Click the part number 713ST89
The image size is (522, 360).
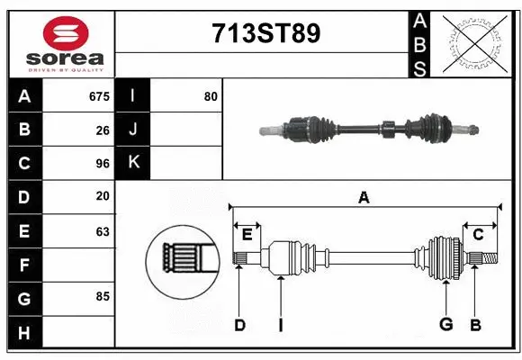click(x=265, y=34)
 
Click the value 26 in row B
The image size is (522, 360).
click(x=103, y=130)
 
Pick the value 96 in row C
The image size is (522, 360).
click(x=103, y=164)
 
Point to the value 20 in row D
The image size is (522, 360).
click(x=103, y=196)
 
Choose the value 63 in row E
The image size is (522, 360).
click(x=103, y=231)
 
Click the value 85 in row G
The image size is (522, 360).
click(x=103, y=295)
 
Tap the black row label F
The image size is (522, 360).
click(x=24, y=265)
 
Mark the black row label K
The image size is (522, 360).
click(x=133, y=163)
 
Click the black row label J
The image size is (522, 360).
click(x=133, y=130)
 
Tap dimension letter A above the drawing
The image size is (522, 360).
click(x=364, y=197)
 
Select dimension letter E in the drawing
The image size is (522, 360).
click(x=247, y=235)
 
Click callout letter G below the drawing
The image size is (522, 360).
click(x=446, y=325)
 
